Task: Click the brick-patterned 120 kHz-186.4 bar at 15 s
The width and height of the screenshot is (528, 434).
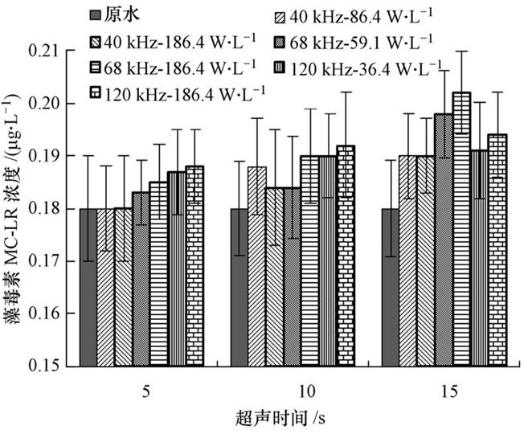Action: (x=497, y=250)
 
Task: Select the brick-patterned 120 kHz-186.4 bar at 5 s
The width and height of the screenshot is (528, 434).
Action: (x=194, y=265)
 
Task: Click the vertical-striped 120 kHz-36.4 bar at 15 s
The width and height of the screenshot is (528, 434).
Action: (x=480, y=257)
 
